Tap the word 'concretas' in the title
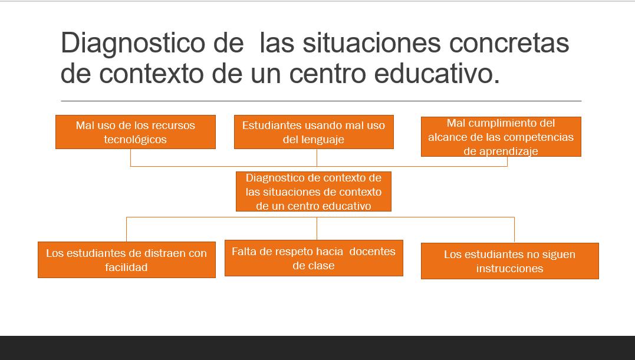509,42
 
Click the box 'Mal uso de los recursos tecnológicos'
135,132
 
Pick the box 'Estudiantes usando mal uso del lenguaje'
314,132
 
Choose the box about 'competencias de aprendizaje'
501,137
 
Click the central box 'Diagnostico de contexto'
314,191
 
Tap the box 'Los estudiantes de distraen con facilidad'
126,260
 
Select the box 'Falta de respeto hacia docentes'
314,258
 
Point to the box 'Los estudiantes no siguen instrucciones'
510,261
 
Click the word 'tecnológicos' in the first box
135,140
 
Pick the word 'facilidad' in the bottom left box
126,267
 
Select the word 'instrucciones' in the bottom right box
509,269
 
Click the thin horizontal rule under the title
321,101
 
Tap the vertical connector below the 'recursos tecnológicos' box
130,157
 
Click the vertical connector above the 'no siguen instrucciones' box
514,230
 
